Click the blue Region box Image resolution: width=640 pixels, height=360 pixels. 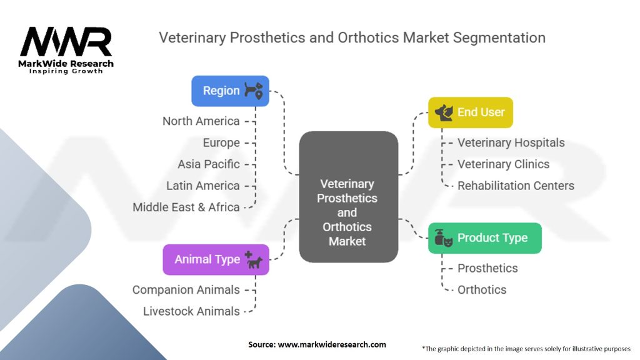pos(230,91)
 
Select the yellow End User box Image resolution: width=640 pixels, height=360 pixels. pos(470,112)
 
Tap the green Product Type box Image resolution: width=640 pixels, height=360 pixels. pos(485,238)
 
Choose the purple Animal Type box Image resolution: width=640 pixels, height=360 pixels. pos(216,259)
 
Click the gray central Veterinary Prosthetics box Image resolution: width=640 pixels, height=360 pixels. pos(349,197)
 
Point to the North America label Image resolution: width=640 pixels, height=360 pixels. pos(201,121)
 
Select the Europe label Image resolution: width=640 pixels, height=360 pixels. pos(221,143)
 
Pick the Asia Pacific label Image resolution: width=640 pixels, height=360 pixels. pos(209,164)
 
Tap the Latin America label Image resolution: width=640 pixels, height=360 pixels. pos(203,186)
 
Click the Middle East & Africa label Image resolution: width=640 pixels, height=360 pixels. pos(186,207)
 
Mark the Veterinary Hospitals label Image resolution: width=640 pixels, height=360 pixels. pos(511,143)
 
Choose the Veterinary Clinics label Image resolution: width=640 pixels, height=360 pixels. pos(503,164)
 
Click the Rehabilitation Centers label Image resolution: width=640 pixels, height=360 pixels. pos(516,186)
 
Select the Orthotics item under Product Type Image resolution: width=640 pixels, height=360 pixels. pos(482,290)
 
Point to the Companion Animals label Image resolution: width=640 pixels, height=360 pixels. pos(186,290)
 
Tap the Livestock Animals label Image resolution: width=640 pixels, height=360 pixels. pos(191,311)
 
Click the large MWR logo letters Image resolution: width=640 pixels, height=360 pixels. pos(66,42)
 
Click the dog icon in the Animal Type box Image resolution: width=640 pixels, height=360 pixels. pos(254,261)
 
